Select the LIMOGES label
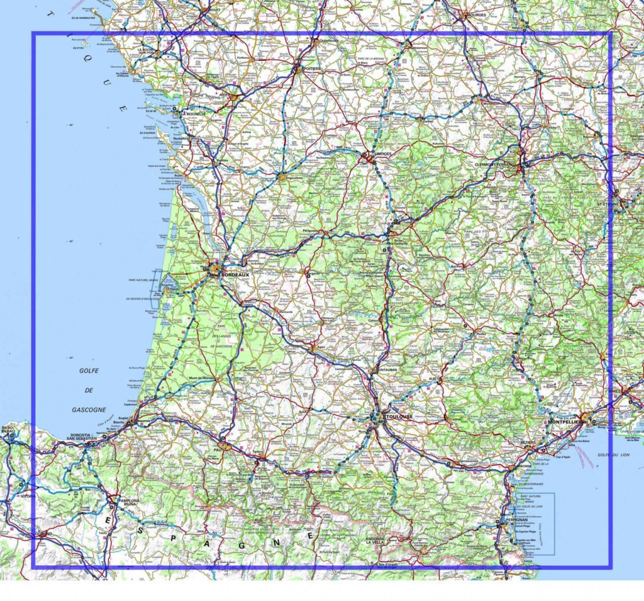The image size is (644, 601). click(381, 154)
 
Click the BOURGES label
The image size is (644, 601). click(476, 14)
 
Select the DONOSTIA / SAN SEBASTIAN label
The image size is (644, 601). click(80, 437)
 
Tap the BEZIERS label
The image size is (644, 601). click(527, 442)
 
